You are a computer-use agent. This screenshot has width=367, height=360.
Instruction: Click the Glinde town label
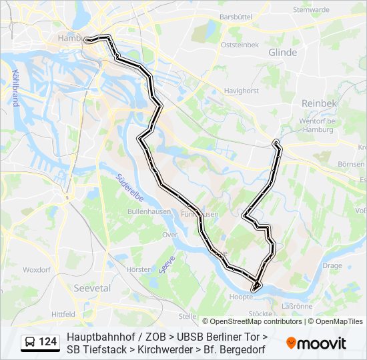[x=282, y=52]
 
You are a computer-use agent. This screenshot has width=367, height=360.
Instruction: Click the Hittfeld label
[x=64, y=313]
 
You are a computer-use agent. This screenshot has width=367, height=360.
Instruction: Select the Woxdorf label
[x=37, y=270]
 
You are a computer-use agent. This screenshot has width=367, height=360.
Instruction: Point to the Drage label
[x=332, y=265]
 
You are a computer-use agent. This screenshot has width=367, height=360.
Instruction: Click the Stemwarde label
[x=311, y=10]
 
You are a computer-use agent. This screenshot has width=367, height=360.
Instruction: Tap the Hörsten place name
[x=139, y=269]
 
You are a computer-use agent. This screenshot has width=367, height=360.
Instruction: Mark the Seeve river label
[x=167, y=265]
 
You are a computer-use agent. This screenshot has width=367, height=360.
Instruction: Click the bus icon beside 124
[x=30, y=342]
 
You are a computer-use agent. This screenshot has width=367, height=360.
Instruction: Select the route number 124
[x=48, y=342]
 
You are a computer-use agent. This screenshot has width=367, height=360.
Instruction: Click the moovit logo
[x=316, y=343]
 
